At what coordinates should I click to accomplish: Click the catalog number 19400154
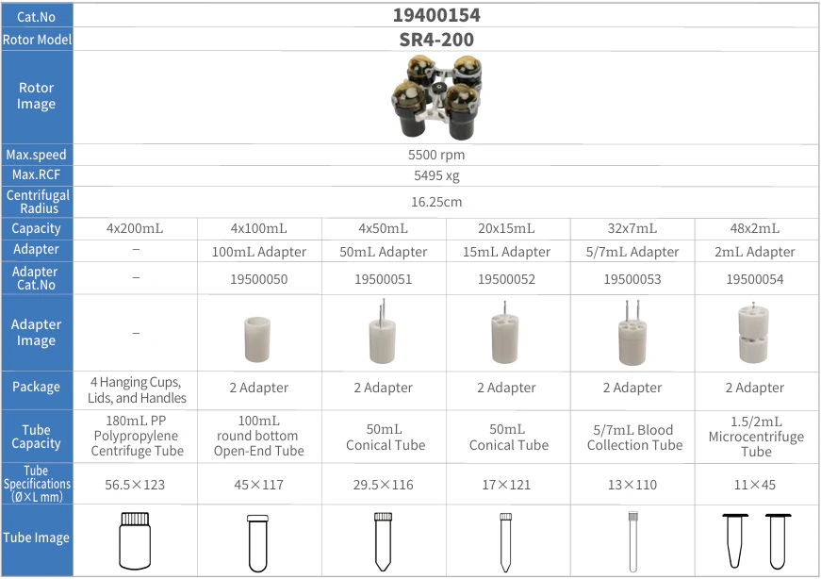click(x=436, y=15)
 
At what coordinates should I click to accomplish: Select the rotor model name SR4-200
click(x=436, y=40)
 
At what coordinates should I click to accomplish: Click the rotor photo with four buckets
click(x=436, y=97)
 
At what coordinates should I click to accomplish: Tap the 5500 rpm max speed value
click(x=436, y=155)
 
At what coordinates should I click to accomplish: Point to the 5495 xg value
click(x=436, y=175)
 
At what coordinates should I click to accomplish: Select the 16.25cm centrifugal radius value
click(x=436, y=202)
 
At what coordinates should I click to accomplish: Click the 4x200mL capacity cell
click(x=135, y=228)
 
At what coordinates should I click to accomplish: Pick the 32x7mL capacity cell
click(x=632, y=228)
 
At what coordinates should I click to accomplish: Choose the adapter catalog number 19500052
click(x=506, y=279)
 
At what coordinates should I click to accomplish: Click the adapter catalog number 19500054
click(x=754, y=279)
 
